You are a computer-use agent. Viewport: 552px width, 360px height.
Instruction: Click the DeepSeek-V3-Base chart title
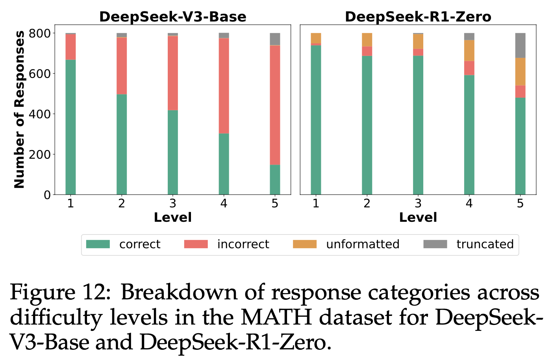click(172, 17)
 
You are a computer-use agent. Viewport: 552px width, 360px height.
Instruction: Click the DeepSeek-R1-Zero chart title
click(418, 17)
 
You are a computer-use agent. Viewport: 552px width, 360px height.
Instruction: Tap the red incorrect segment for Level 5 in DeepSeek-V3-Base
click(275, 105)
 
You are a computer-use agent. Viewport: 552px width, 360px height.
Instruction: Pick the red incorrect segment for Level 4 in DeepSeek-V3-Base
click(224, 85)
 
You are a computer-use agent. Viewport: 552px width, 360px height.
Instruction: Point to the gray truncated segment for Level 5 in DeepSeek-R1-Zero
click(520, 45)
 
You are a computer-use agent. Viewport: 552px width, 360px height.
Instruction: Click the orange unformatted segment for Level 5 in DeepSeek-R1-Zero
click(520, 71)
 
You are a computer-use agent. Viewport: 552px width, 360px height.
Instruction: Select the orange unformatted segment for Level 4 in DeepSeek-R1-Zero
click(469, 50)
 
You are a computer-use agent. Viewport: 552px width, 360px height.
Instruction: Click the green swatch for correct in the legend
click(98, 244)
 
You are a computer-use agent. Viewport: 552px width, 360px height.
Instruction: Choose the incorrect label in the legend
click(243, 244)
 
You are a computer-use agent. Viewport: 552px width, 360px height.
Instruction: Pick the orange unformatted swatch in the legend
click(304, 244)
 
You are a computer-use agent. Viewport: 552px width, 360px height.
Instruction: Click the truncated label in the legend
click(485, 244)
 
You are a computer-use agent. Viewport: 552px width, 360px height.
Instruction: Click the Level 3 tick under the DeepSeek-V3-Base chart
click(172, 203)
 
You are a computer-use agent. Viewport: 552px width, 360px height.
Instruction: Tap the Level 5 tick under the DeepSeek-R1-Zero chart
click(520, 203)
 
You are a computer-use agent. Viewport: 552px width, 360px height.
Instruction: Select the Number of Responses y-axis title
click(19, 109)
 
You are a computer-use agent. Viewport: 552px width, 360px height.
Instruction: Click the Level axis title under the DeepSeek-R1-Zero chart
click(418, 217)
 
